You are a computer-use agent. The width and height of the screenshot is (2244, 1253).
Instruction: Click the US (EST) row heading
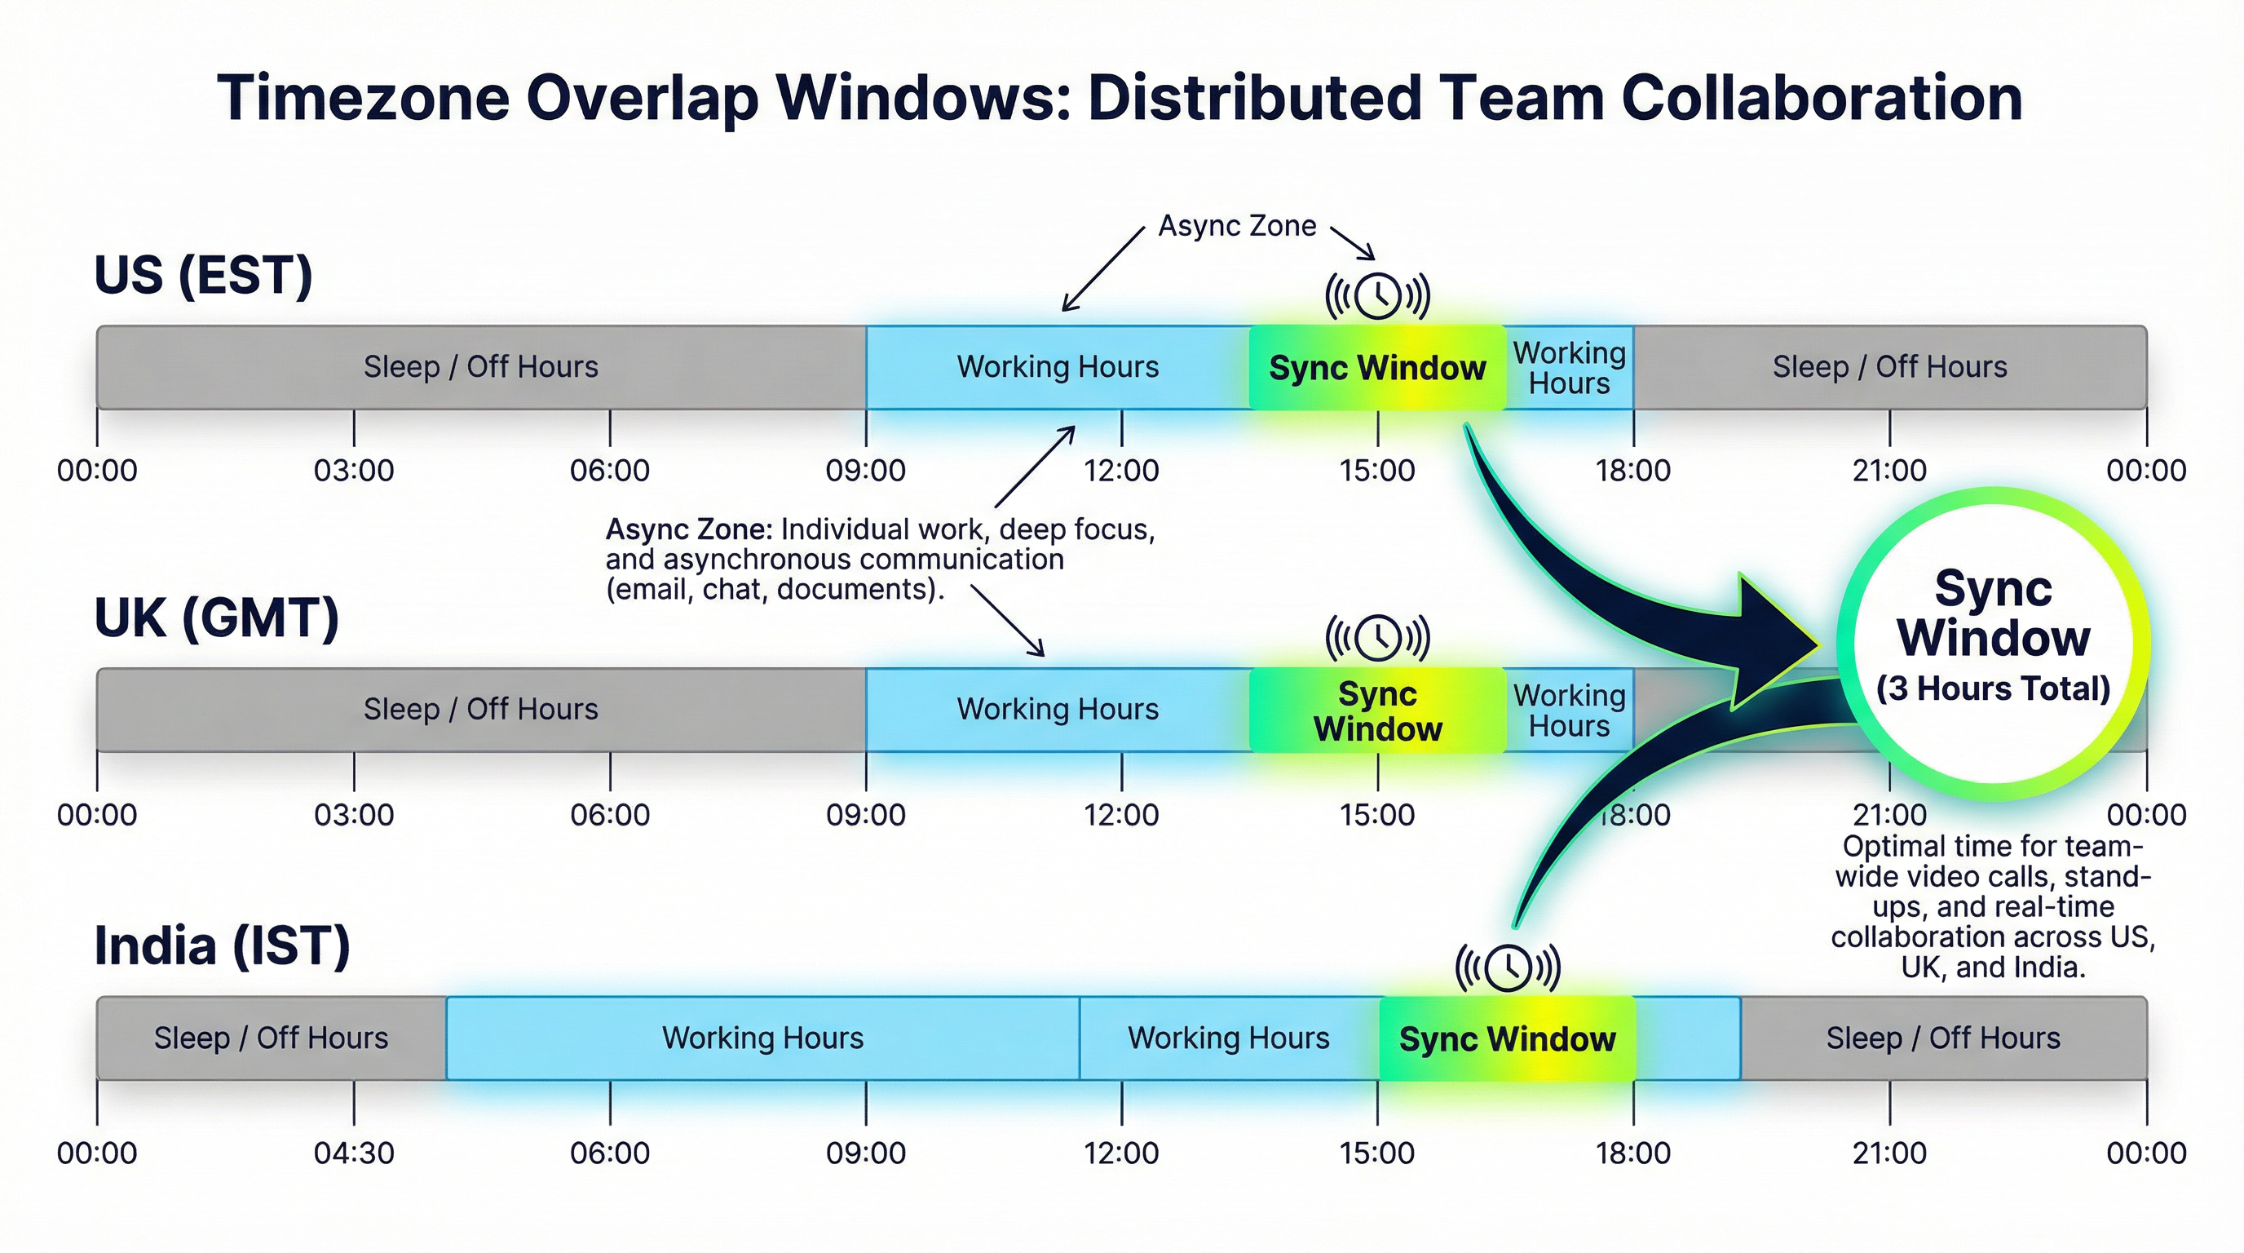click(203, 276)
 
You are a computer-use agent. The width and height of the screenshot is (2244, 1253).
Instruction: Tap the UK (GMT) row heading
click(216, 618)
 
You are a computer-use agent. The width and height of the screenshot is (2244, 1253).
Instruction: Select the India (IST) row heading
click(222, 945)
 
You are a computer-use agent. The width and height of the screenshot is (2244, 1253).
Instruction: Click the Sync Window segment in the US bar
click(1377, 368)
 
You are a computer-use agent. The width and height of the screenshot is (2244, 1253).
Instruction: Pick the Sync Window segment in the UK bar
click(1377, 711)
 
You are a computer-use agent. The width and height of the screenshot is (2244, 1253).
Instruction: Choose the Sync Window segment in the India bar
click(1507, 1038)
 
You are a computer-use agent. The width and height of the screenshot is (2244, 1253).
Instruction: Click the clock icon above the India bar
click(1508, 967)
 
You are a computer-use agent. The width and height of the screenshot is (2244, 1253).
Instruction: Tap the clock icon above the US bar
click(1377, 296)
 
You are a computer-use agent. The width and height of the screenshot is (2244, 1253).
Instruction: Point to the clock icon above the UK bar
click(1377, 638)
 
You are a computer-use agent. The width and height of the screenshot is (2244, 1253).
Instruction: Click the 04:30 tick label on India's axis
click(354, 1153)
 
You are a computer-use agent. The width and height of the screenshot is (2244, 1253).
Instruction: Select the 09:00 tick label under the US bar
click(866, 471)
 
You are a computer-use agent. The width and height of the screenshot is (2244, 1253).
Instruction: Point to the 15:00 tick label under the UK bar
click(1377, 815)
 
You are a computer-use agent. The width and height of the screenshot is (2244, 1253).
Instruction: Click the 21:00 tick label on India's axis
click(1889, 1153)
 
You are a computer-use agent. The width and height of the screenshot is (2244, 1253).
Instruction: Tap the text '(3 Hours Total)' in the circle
click(1993, 688)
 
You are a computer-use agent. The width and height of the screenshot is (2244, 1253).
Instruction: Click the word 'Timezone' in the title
click(362, 98)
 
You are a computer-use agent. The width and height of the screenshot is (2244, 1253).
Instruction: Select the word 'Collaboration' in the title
click(1822, 98)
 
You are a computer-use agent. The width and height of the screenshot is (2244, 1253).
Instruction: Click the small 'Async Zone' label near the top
click(1237, 226)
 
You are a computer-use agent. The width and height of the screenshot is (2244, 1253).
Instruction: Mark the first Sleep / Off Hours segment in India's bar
click(271, 1038)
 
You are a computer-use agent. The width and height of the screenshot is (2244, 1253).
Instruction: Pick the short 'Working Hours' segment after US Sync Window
click(1570, 368)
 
